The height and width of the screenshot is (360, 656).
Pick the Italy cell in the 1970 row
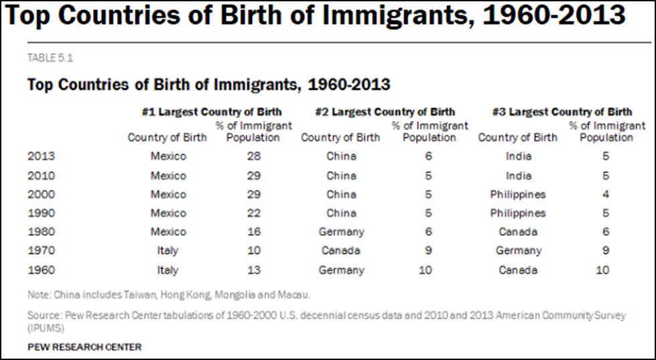(168, 251)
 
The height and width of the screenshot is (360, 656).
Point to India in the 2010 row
(518, 176)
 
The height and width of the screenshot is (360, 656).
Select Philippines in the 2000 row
(518, 194)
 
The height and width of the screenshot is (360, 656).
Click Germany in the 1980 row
(342, 232)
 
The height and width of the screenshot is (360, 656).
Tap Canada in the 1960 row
(518, 270)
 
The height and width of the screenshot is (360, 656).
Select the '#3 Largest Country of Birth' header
(562, 112)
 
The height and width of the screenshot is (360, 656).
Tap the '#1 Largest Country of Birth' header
(212, 112)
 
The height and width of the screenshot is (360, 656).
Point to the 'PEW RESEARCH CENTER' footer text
(84, 347)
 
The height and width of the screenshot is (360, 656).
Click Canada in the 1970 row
(340, 251)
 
